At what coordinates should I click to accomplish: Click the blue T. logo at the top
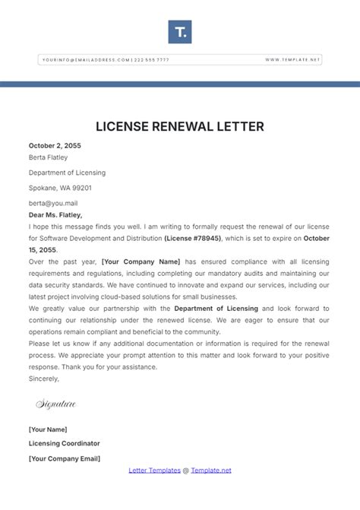(180, 32)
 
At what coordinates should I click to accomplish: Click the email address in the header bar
(85, 59)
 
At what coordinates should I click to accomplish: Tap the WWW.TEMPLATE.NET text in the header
(293, 59)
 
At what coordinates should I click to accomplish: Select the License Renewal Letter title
(180, 125)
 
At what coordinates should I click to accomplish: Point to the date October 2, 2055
(55, 145)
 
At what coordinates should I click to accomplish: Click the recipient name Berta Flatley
(48, 158)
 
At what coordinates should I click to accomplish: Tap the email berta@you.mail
(53, 203)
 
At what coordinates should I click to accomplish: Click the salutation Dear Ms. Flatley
(55, 215)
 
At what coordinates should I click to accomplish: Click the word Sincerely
(43, 377)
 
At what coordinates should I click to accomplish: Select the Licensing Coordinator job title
(64, 444)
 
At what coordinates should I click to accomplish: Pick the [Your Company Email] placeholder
(65, 458)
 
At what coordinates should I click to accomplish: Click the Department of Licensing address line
(67, 173)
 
